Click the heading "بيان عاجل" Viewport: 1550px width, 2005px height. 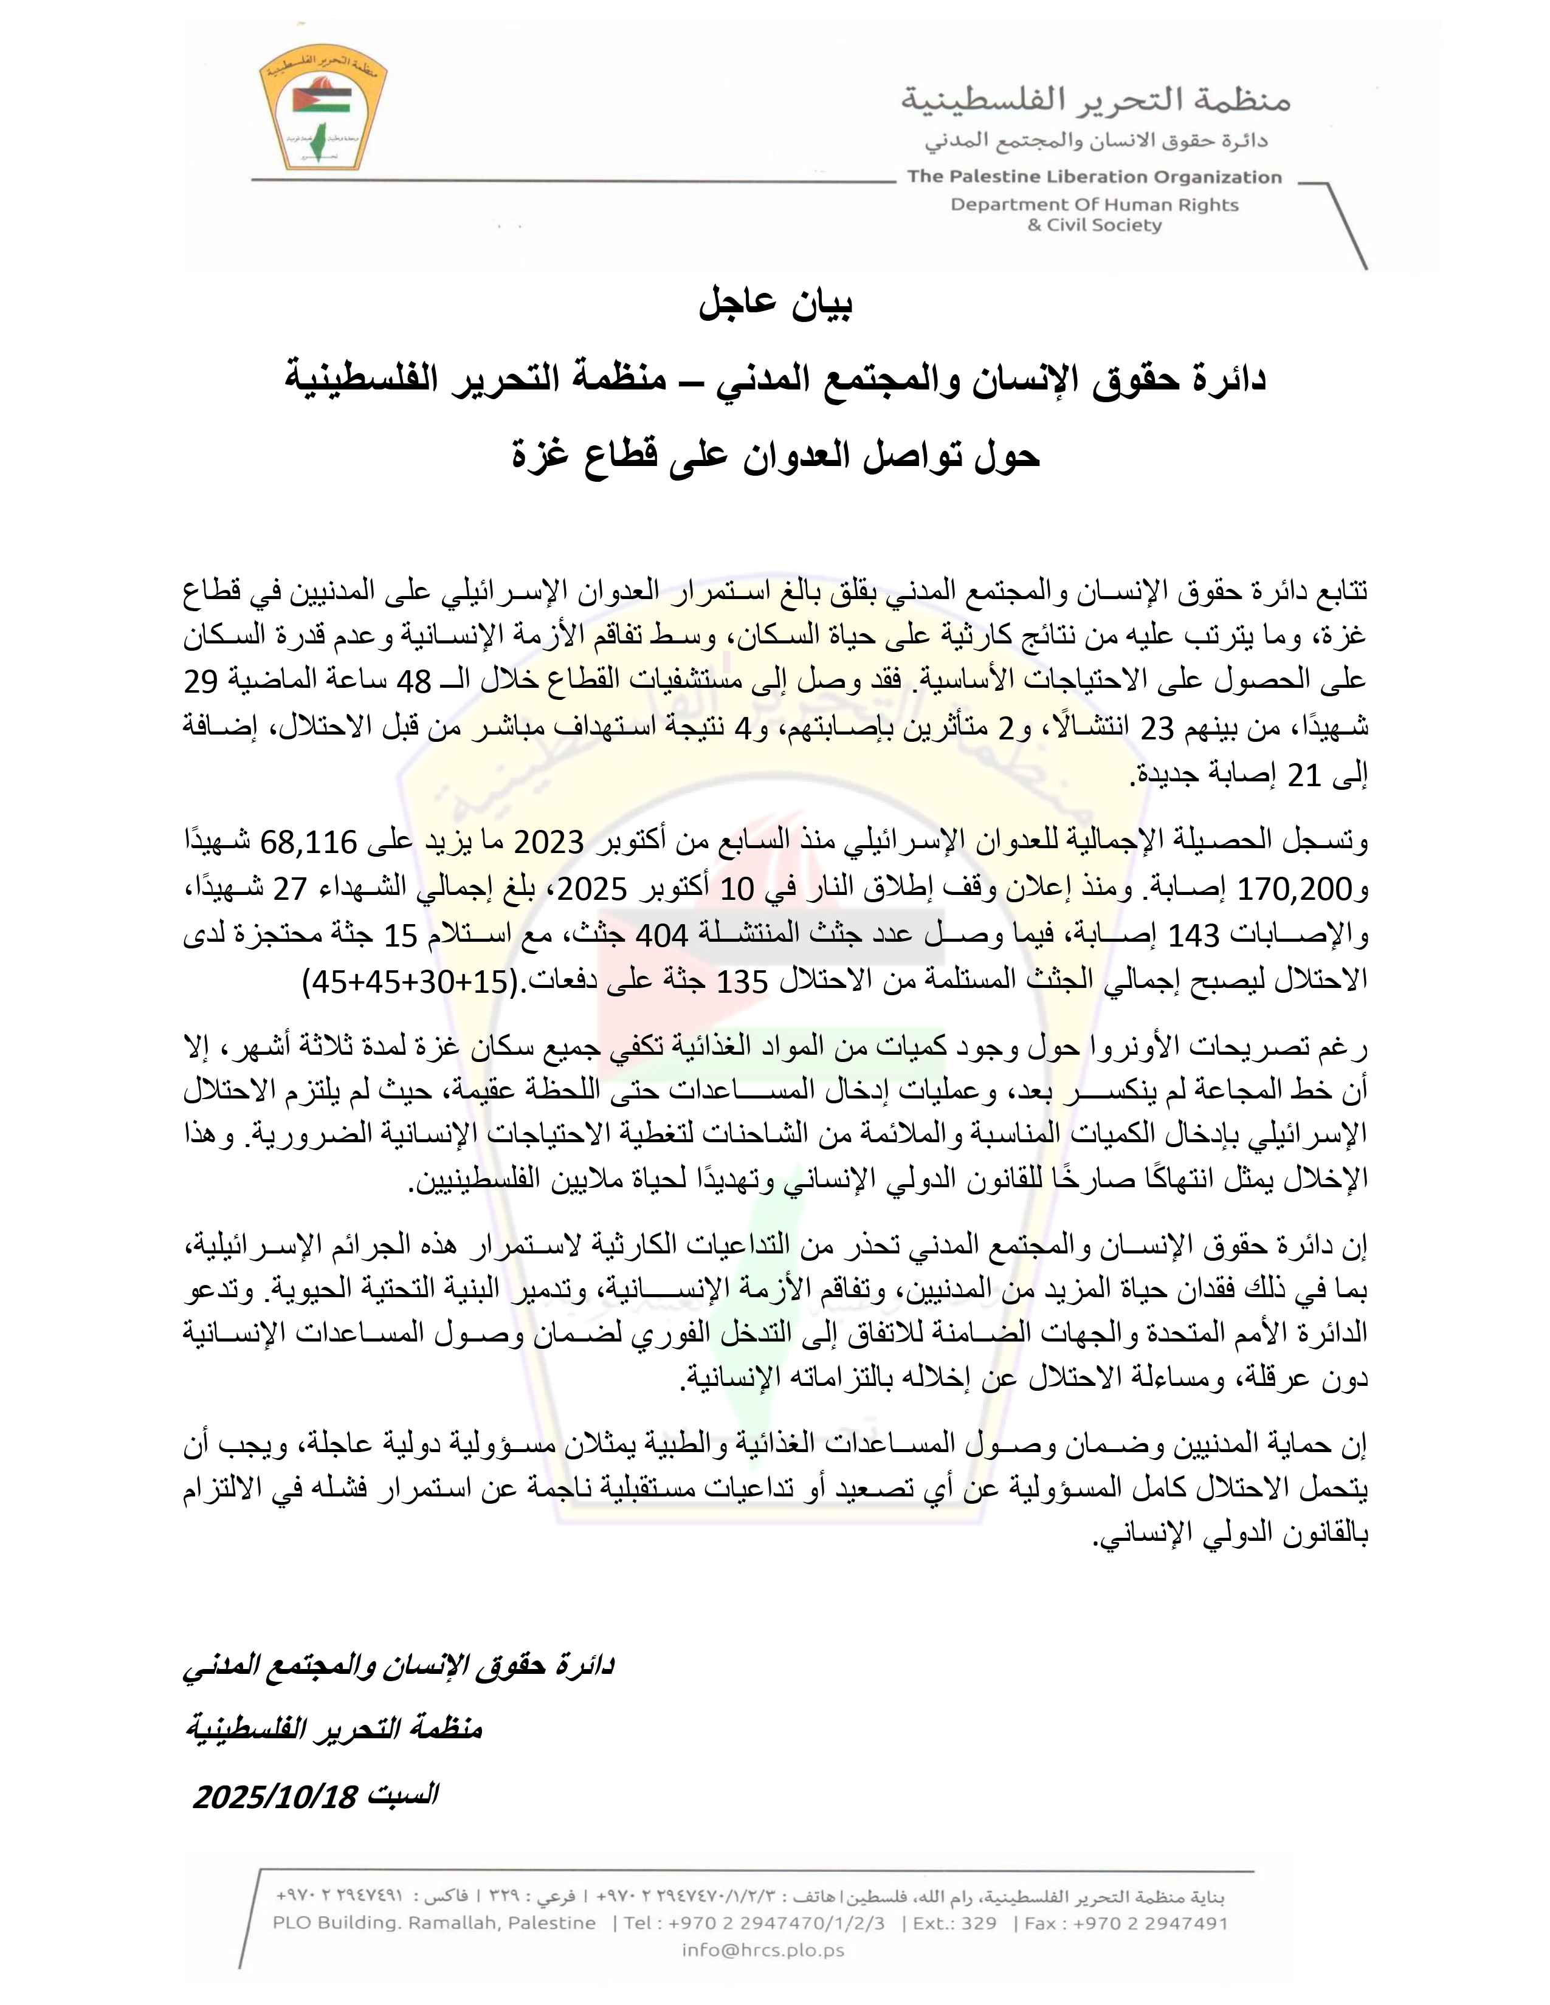pos(776,306)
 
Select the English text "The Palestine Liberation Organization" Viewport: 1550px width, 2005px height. pos(1094,177)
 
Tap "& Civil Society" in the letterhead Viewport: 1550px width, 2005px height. pos(1095,226)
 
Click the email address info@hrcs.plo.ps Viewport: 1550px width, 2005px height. pos(762,1950)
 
